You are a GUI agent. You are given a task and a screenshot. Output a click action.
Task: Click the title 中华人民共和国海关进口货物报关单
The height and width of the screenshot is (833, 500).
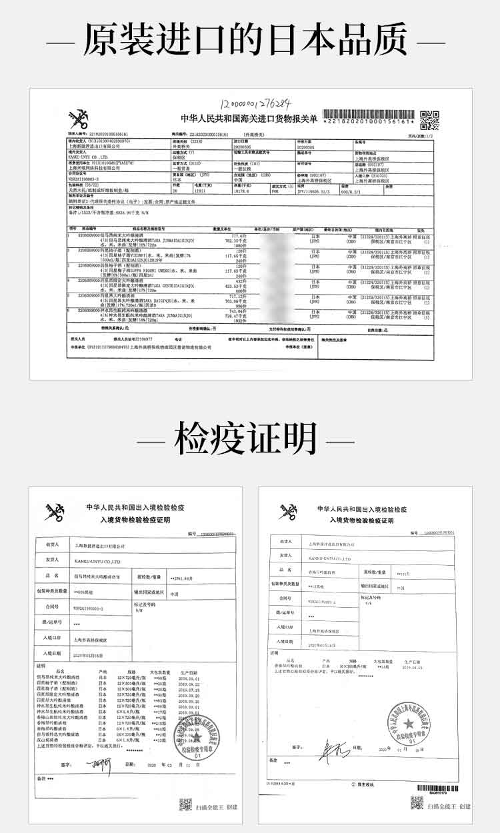coord(249,118)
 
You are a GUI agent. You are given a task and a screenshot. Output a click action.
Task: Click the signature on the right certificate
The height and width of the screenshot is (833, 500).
coord(329,752)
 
